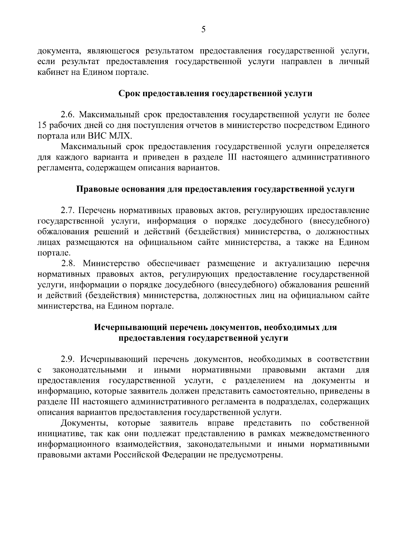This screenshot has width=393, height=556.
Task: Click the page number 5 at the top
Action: point(203,30)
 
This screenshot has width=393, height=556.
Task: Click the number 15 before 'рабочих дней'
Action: point(42,125)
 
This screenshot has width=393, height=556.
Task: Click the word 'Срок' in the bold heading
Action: point(129,94)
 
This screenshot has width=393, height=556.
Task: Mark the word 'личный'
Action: point(354,62)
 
